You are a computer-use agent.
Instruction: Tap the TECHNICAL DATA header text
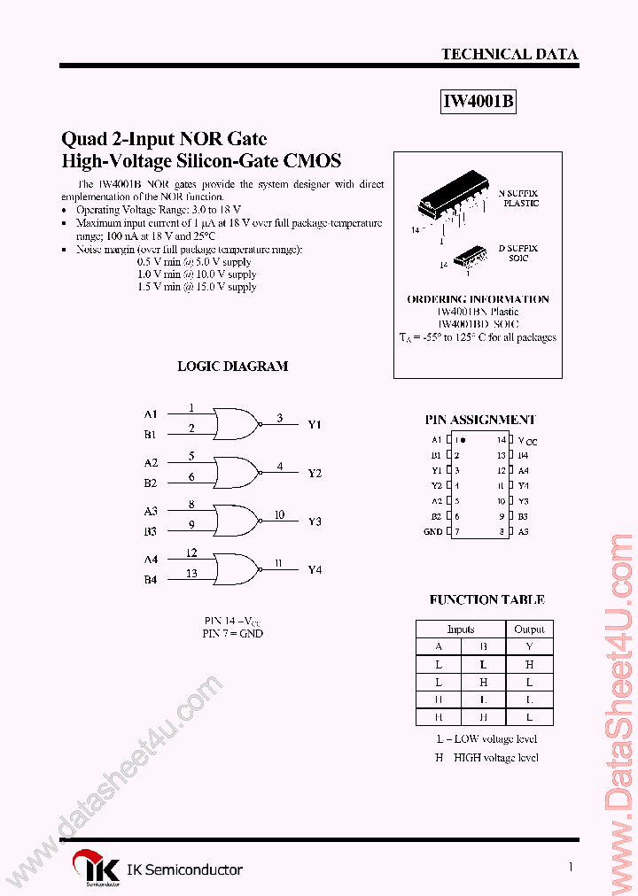510,54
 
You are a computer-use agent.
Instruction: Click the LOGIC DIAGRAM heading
233,366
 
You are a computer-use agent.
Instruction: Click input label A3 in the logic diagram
151,511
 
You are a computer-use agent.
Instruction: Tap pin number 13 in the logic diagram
191,574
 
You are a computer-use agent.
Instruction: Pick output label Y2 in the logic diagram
315,474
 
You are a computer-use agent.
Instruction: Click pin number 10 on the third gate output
279,514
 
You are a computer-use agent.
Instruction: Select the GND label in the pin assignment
432,531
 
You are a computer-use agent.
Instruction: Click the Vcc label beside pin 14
528,440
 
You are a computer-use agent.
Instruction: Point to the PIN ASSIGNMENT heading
480,420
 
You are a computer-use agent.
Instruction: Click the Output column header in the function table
529,629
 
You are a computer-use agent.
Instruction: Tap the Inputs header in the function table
461,629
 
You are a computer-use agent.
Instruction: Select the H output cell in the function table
529,664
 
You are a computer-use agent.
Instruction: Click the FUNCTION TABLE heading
486,599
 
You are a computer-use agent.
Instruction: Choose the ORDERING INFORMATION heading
478,299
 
